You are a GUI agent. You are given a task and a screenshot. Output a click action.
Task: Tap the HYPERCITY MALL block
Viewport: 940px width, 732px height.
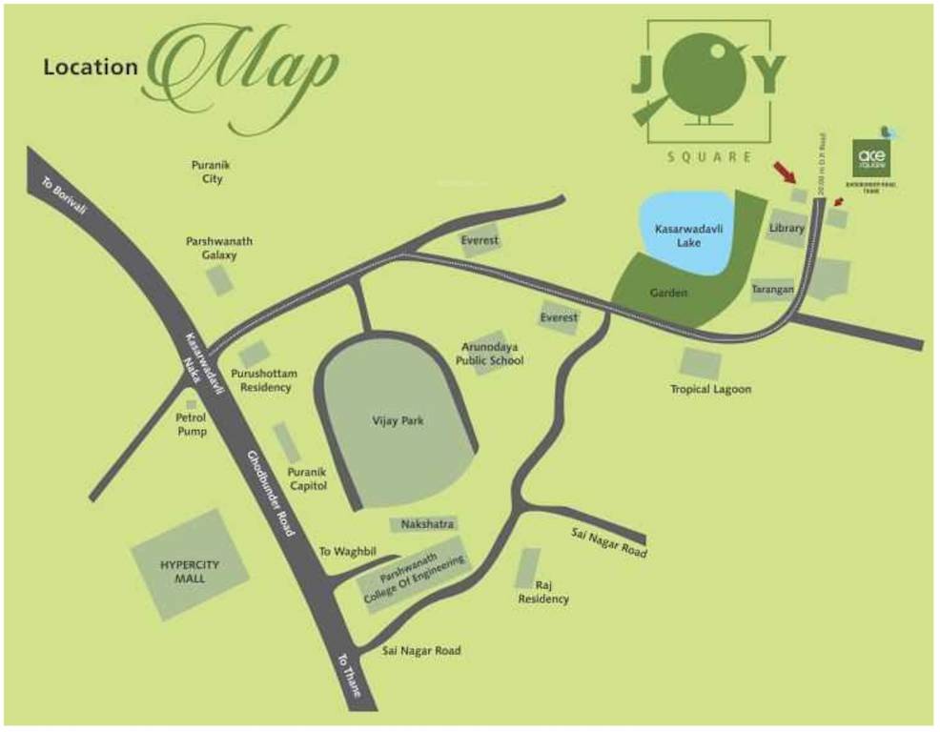[190, 571]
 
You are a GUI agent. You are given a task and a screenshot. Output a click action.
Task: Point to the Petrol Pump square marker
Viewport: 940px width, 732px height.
[192, 405]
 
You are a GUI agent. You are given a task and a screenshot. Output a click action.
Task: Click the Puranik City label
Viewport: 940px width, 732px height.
[212, 172]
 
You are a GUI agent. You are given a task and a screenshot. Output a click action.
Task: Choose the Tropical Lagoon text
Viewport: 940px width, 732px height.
[710, 389]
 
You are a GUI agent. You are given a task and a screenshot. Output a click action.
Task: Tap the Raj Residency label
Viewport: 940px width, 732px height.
[544, 592]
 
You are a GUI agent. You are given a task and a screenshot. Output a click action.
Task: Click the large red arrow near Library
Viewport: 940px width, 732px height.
[787, 173]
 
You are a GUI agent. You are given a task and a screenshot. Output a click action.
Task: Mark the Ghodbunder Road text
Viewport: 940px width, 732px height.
[273, 493]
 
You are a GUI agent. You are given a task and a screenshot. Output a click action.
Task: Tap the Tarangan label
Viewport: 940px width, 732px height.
[773, 288]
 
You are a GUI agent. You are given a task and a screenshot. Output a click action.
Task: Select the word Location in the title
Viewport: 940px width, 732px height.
[91, 68]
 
